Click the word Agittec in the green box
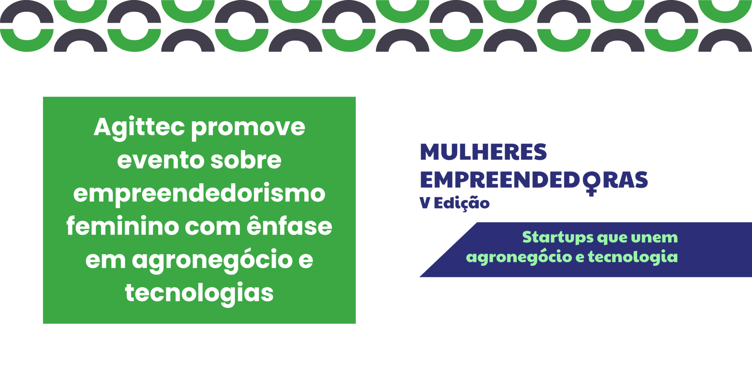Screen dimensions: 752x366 point(139,128)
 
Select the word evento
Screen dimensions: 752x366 point(160,160)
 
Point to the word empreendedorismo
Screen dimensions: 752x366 point(199,194)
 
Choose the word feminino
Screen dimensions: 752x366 point(122,226)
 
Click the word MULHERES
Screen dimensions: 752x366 point(483,152)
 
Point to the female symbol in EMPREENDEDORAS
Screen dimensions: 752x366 point(591,183)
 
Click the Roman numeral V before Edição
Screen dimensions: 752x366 point(425,203)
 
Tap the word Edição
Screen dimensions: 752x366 point(462,203)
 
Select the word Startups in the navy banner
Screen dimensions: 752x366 point(558,238)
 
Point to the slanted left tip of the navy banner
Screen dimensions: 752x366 point(420,277)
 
